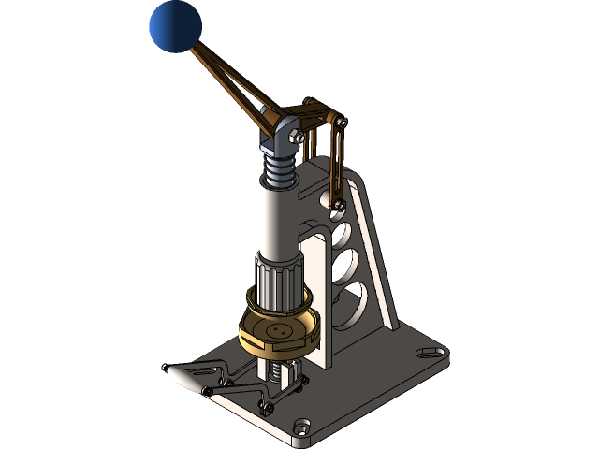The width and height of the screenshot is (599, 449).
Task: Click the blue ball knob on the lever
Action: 175,26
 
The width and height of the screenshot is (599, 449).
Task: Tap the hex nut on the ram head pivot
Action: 298,137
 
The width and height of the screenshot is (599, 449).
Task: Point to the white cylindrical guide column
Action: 278,219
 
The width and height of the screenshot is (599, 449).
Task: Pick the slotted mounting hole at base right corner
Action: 432,352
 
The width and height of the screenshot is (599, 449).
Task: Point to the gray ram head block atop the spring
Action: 281,136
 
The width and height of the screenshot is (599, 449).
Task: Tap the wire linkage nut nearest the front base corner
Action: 266,406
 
